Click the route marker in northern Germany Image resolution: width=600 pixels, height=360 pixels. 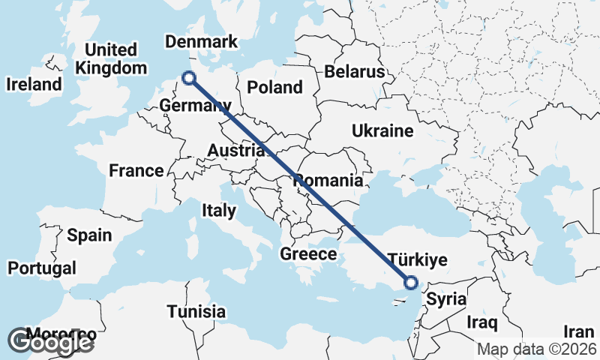pos(189,77)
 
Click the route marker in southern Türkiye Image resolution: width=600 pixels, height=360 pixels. pos(410,283)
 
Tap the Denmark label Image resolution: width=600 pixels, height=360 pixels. pos(200,42)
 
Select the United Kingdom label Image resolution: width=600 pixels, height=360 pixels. pos(112,58)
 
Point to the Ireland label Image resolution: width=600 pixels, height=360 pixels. pos(34,84)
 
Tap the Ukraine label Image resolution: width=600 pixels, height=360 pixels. pos(382,131)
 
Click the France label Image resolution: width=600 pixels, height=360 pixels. pos(136,171)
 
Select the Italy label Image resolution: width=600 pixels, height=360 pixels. pos(218,211)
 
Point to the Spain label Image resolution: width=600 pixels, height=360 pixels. pos(89,235)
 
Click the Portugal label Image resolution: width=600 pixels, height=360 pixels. pos(42,268)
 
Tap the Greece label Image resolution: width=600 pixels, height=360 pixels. pos(308,254)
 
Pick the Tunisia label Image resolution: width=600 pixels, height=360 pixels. pos(196,311)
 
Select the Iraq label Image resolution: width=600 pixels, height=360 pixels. pos(481,322)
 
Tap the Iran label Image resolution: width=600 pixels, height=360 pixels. pos(578,331)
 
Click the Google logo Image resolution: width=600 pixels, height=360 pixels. pos(50,341)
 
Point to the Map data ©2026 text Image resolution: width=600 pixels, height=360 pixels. pos(538,349)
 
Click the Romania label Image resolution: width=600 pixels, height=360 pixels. pos(328,181)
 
